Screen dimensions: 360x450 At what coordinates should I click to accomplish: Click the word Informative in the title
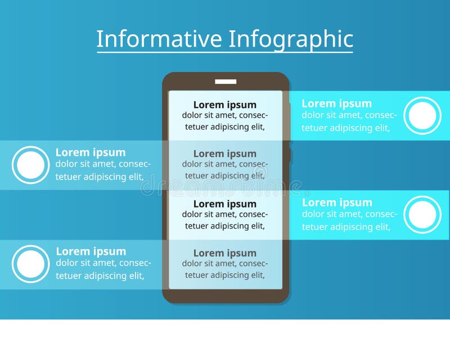tap(159, 39)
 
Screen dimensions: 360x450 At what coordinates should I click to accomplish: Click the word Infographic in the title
tap(291, 39)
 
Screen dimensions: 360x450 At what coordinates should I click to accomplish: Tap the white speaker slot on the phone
tap(226, 82)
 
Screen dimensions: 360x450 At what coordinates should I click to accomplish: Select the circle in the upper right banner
tap(422, 116)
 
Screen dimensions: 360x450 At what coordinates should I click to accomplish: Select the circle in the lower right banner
tap(422, 215)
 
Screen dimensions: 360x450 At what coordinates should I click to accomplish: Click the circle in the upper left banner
tap(31, 165)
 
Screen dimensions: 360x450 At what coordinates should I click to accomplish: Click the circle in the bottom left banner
tap(31, 264)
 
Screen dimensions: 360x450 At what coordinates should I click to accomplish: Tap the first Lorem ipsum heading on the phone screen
tap(225, 105)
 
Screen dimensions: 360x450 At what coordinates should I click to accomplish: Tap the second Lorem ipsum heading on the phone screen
tap(225, 154)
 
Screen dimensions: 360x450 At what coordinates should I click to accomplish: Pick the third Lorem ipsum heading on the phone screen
tap(225, 204)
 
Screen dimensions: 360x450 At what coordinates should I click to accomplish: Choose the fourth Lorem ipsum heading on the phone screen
tap(225, 253)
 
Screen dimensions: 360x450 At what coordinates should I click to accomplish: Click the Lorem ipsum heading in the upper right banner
tap(336, 103)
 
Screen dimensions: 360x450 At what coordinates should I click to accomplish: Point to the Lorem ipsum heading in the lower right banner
tap(337, 202)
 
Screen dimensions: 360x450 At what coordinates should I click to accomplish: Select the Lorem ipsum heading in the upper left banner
tap(91, 152)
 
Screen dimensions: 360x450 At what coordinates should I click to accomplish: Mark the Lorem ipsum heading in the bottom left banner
tap(91, 251)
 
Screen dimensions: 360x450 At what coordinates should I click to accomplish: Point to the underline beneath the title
tap(225, 52)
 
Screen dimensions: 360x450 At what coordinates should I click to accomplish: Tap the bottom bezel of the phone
tap(226, 296)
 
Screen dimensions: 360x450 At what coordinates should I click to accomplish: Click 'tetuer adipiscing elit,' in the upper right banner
tap(346, 128)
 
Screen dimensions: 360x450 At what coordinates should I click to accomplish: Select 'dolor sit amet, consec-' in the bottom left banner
tap(103, 263)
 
